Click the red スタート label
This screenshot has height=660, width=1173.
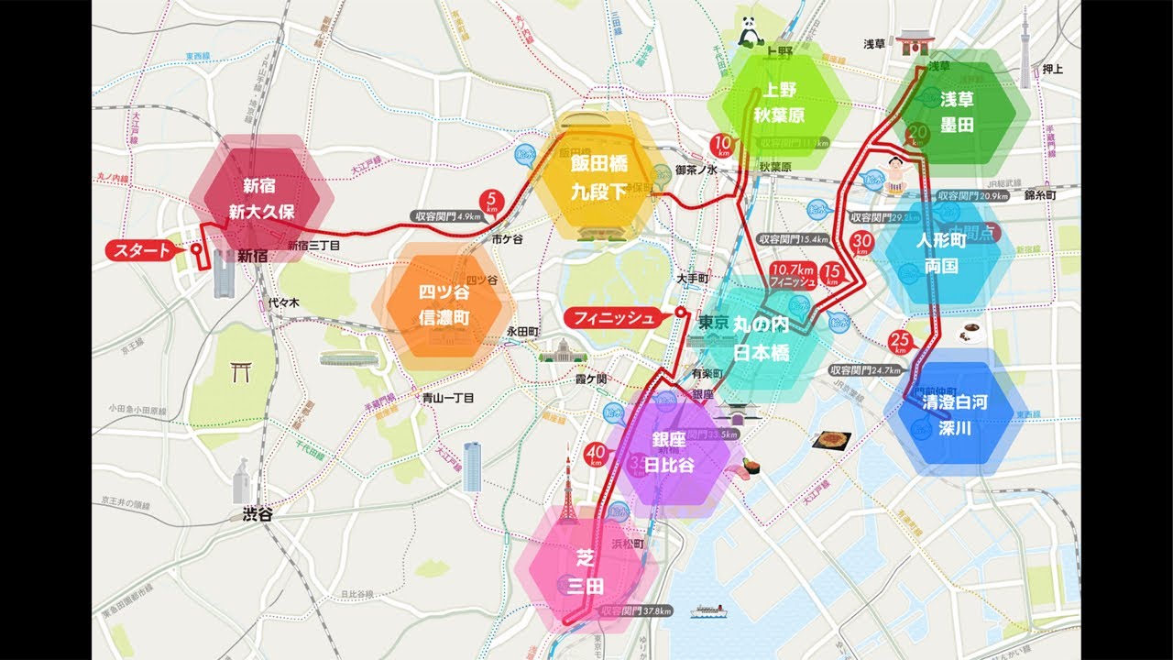click(139, 250)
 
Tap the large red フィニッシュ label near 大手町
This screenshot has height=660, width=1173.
click(614, 318)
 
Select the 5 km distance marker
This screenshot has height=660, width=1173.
click(493, 200)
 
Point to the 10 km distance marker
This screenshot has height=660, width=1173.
click(722, 144)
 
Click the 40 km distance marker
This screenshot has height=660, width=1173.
click(596, 454)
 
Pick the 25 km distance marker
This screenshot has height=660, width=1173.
click(899, 343)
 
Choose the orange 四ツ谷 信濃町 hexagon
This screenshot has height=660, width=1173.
click(443, 306)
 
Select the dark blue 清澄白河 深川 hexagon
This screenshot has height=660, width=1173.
click(955, 415)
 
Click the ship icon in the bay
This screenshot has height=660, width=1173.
click(709, 610)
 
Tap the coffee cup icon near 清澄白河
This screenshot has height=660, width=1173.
click(967, 334)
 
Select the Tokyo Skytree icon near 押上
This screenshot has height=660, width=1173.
click(1025, 37)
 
